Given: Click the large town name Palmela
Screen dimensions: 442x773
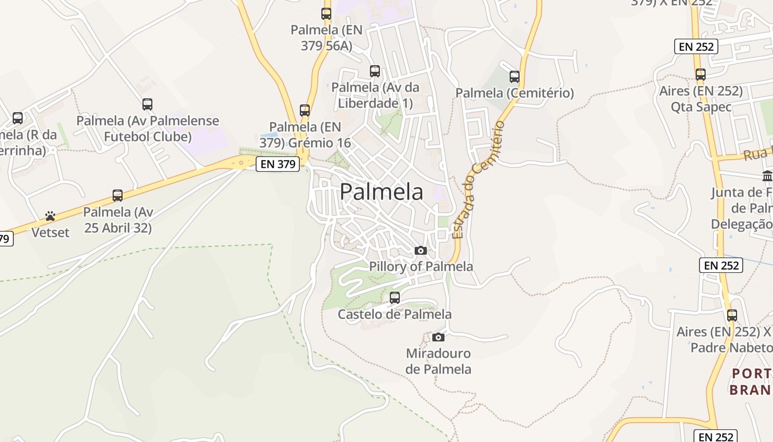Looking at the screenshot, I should (x=382, y=192).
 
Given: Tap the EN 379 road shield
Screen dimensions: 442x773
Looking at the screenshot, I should (x=278, y=164).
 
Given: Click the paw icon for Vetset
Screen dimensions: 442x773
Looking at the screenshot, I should (x=50, y=216).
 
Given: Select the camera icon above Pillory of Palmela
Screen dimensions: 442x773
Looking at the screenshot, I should (x=421, y=250).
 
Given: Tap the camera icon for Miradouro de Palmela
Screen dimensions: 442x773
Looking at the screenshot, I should (x=438, y=337).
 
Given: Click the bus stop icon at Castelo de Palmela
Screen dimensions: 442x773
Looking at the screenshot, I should (x=395, y=298).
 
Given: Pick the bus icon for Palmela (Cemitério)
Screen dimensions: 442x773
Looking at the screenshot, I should (x=515, y=77).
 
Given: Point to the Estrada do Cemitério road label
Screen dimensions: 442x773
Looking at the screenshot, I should (x=479, y=180).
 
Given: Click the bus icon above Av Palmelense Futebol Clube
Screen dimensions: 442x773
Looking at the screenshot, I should (x=147, y=104).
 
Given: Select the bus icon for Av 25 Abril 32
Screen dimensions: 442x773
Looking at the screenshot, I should (x=118, y=196).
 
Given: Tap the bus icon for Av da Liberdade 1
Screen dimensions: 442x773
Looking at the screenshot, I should (x=375, y=71).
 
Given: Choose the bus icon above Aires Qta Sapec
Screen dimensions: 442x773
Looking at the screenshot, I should (x=701, y=75).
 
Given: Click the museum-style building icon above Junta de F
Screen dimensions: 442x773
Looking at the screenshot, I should (x=767, y=176).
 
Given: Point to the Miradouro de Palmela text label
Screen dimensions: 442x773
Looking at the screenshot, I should (x=438, y=361).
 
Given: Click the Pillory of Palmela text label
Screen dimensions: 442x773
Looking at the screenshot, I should (x=421, y=266).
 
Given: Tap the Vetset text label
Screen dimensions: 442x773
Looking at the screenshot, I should (x=50, y=232).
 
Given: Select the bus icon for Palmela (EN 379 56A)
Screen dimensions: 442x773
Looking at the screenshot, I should (x=326, y=14).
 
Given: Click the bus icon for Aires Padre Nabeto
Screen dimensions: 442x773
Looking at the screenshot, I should (x=732, y=315).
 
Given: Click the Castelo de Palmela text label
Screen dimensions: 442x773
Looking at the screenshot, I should (x=395, y=314).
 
